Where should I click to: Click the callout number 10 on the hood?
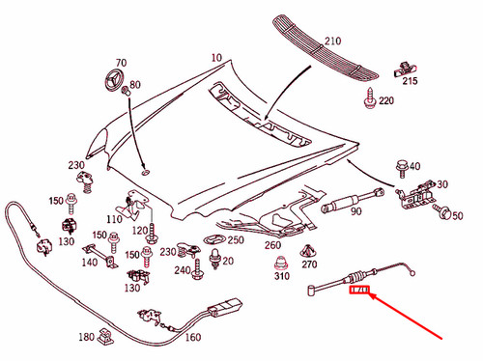pos(215,58)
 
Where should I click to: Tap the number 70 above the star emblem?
pos(121,60)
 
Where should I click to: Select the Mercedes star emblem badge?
pos(114,80)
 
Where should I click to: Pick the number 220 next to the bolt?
pos(386,101)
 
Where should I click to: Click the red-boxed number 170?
pos(357,289)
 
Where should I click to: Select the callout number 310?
pos(281,278)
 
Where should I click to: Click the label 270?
pos(309,264)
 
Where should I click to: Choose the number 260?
pos(273,246)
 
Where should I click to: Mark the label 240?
pos(183,271)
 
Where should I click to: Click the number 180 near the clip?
pos(88,337)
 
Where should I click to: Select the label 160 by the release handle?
pos(192,337)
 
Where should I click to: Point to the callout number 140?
pos(90,263)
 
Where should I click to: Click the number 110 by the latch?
pos(114,219)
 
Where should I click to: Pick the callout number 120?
pos(139,231)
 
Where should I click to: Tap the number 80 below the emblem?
pos(134,84)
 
